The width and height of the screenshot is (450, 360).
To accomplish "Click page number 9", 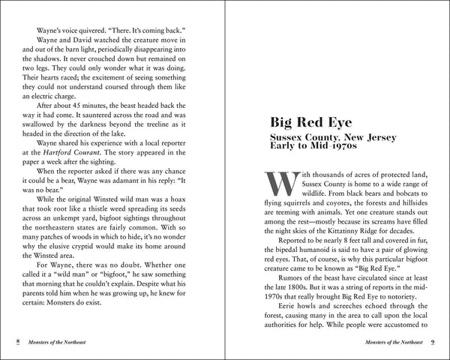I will tap(433, 342).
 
